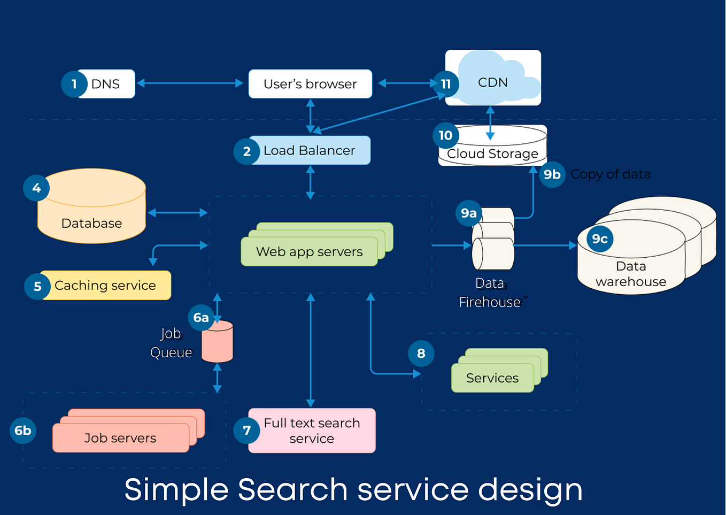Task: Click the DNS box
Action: point(106,84)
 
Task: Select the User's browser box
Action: point(310,84)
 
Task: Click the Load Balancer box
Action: point(310,151)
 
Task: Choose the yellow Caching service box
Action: point(105,286)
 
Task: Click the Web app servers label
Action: point(309,252)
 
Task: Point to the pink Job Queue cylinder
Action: point(218,342)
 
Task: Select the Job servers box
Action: point(120,438)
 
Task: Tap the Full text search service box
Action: point(312,431)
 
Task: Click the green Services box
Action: point(492,378)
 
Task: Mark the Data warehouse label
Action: point(631,274)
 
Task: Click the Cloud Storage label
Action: point(492,154)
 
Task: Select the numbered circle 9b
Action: point(552,174)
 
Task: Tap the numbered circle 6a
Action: point(201,318)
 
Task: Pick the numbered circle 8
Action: point(421,353)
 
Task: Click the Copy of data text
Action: point(611,174)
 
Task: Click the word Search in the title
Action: point(292,490)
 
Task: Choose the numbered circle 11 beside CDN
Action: point(446,84)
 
